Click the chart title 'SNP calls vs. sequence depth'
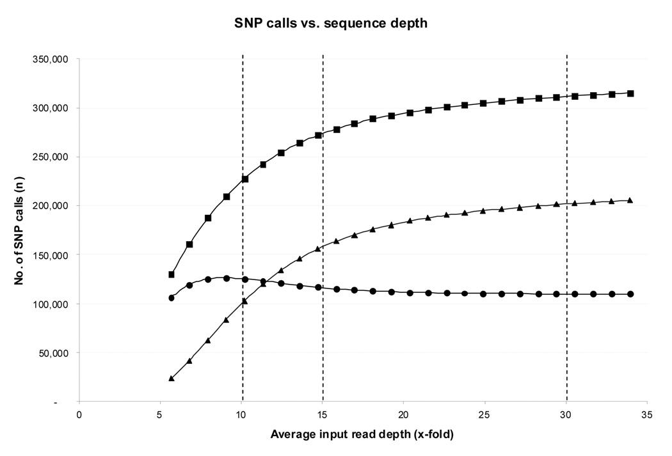330,23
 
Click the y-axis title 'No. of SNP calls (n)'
19,230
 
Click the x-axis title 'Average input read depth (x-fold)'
362,434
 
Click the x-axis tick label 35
647,414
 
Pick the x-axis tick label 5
160,414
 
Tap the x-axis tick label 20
403,414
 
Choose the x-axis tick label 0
79,414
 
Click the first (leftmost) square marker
172,274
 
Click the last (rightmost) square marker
630,93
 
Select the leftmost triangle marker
172,379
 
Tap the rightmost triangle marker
630,200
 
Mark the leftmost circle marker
172,298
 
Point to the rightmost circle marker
630,294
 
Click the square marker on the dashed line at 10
244,179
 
